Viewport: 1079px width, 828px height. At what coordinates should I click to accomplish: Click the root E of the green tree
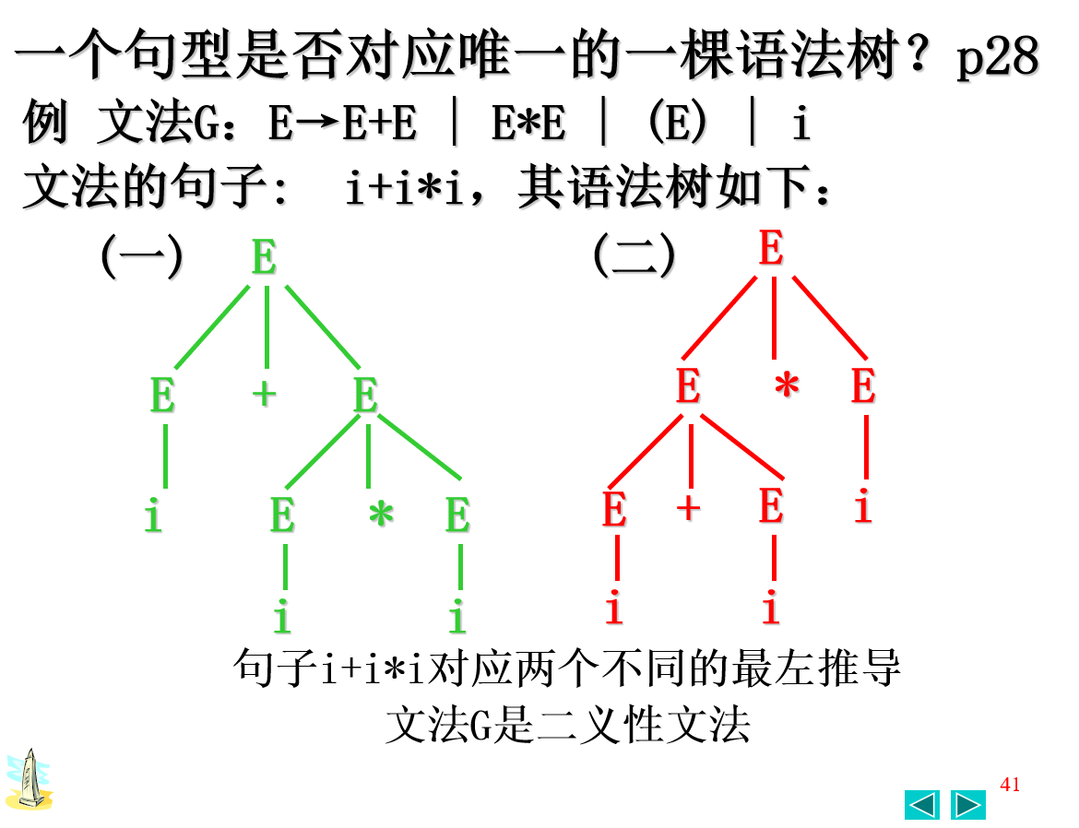(x=264, y=257)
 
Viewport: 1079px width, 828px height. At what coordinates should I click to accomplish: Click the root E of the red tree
(x=771, y=249)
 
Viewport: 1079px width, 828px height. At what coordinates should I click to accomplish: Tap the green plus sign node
(x=265, y=394)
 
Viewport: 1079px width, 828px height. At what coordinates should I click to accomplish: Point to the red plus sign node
(x=688, y=508)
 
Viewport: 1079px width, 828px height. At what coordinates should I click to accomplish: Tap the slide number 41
(x=1010, y=785)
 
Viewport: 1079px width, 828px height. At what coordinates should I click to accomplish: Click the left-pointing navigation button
(x=922, y=805)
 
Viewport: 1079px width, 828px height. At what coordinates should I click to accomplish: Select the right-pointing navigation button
(x=967, y=805)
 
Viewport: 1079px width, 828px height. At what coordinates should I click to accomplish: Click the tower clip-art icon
(x=29, y=780)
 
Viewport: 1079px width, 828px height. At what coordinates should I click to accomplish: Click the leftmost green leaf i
(x=153, y=517)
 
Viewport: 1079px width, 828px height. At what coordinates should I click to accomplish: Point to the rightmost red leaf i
(x=862, y=508)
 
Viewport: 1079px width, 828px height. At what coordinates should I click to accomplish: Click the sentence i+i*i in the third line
(x=403, y=189)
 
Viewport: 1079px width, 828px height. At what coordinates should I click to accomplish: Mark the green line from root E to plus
(x=266, y=327)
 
